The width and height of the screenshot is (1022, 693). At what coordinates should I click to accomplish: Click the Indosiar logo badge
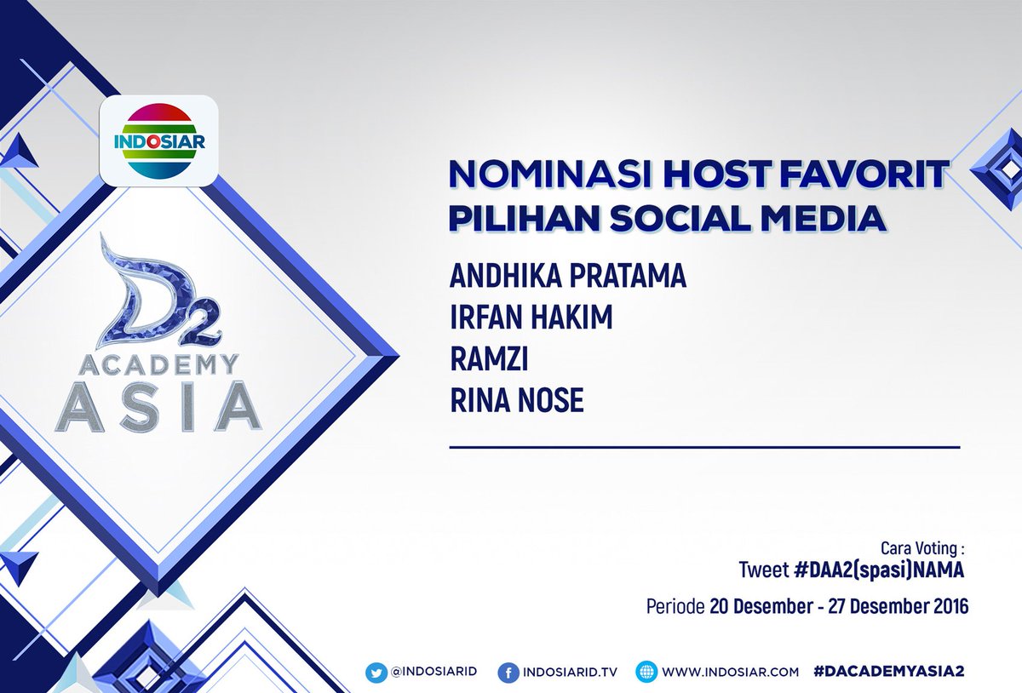pos(159,140)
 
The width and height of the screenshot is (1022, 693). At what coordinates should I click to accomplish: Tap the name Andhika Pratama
pos(568,278)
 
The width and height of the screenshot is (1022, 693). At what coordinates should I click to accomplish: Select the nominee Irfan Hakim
pos(531,318)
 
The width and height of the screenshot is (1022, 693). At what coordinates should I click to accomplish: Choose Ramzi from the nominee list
pos(490,359)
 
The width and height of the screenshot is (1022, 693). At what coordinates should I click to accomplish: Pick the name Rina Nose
pos(517,400)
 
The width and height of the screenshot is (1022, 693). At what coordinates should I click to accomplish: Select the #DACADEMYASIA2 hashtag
pos(890,672)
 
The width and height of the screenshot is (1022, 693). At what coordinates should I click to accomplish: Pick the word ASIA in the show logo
pos(158,409)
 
